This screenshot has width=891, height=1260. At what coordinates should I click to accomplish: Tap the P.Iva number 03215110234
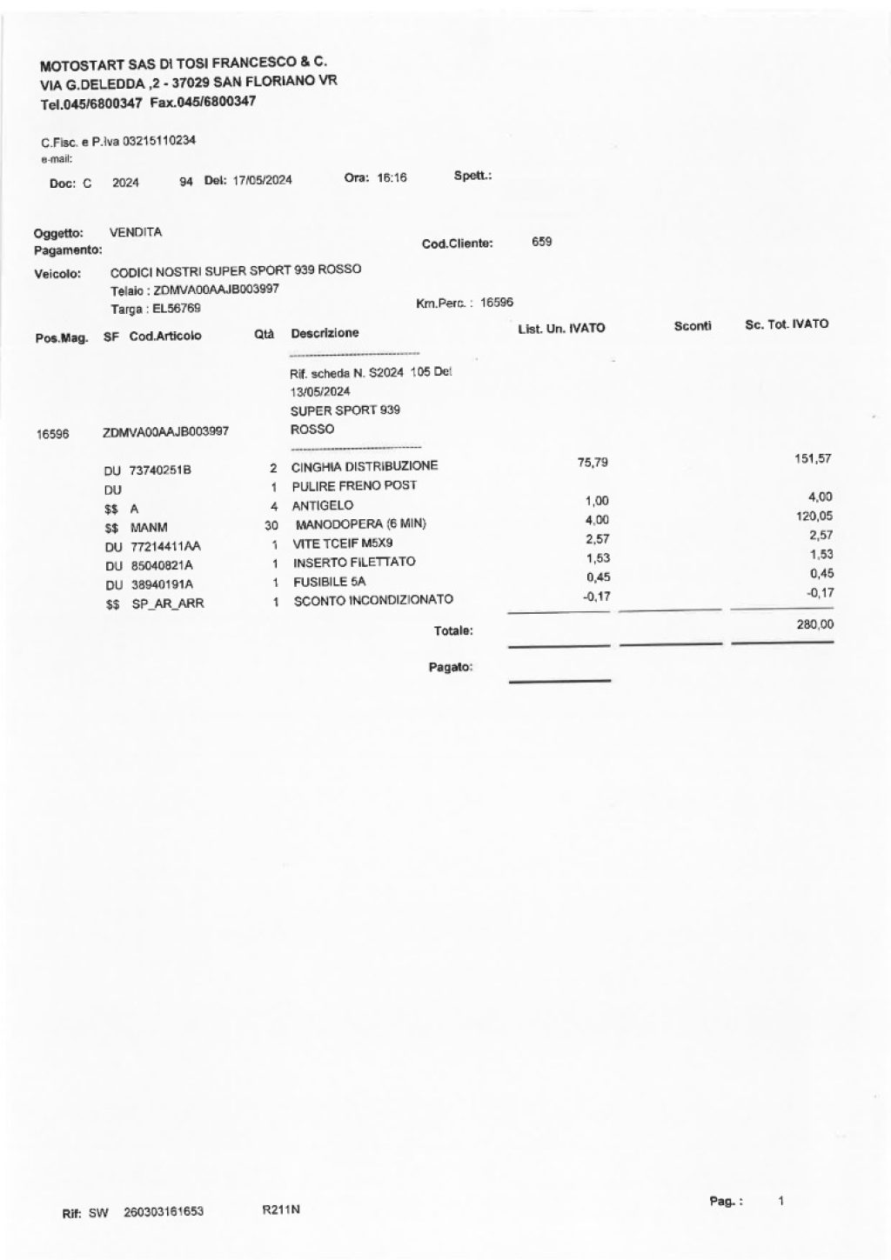pyautogui.click(x=153, y=141)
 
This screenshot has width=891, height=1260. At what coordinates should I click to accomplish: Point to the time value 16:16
pyautogui.click(x=391, y=178)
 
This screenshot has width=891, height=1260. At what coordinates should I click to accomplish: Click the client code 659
pyautogui.click(x=541, y=242)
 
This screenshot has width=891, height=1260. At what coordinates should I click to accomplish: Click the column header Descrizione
pyautogui.click(x=325, y=333)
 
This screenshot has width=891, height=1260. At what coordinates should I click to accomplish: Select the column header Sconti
pyautogui.click(x=693, y=325)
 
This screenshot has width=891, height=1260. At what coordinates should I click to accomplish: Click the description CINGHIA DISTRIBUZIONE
pyautogui.click(x=365, y=466)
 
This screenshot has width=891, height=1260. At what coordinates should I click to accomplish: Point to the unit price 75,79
pyautogui.click(x=593, y=462)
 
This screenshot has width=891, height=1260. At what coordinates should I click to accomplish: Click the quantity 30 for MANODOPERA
pyautogui.click(x=271, y=525)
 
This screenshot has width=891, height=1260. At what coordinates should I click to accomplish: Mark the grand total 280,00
pyautogui.click(x=814, y=624)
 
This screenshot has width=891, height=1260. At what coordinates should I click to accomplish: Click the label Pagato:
pyautogui.click(x=451, y=667)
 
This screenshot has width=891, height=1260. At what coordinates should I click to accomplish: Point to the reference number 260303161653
pyautogui.click(x=164, y=1210)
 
